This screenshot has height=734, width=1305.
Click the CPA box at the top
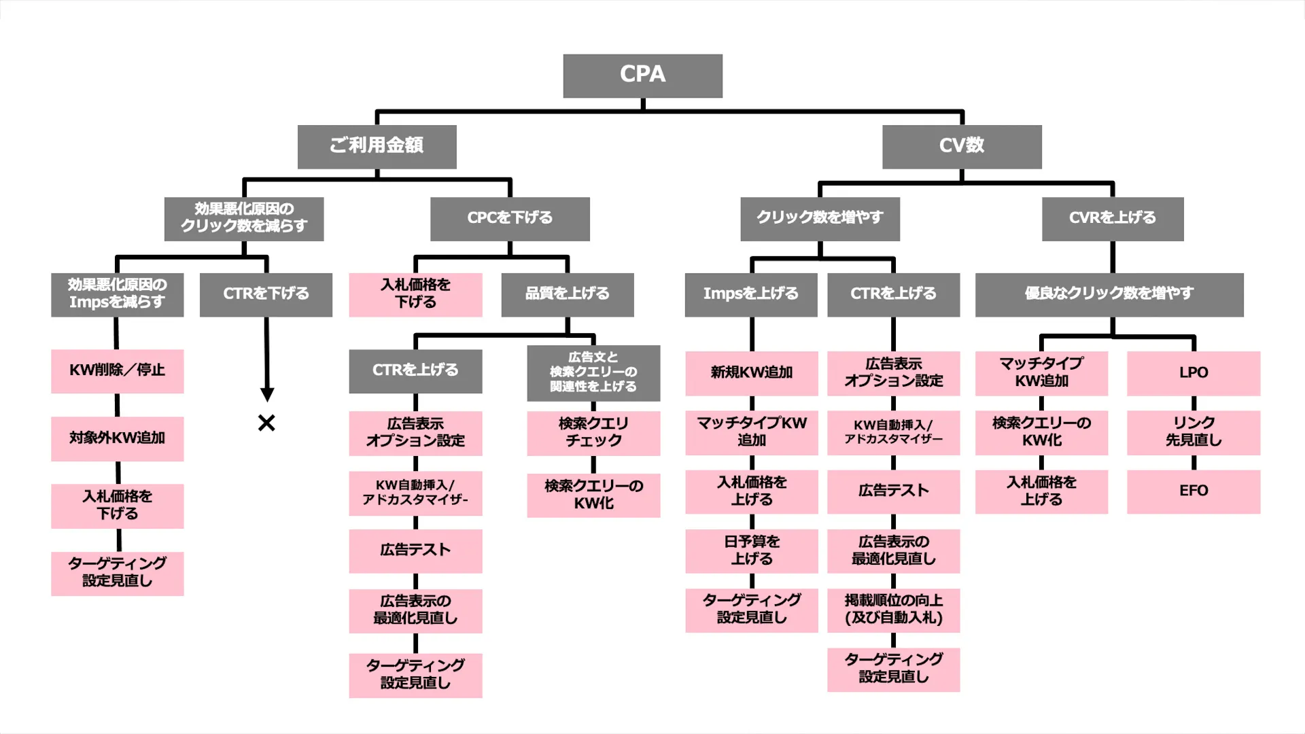[642, 75]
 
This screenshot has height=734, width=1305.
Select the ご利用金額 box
[377, 146]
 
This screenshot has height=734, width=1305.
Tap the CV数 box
[962, 146]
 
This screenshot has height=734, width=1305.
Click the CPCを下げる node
[510, 219]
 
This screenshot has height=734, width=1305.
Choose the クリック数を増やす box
[820, 219]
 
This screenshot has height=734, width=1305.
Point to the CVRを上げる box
[1113, 219]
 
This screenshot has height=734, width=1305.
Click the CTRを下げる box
[266, 294]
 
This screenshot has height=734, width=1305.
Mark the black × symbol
[266, 423]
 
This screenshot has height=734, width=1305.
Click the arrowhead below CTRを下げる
[267, 394]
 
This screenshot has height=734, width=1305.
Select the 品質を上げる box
[568, 294]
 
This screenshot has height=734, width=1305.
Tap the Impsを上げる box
[750, 294]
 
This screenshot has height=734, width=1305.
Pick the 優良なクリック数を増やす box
[1109, 294]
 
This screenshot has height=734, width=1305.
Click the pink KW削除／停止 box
[117, 371]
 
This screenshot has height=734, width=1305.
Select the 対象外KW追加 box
[117, 438]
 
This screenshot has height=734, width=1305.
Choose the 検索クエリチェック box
[593, 433]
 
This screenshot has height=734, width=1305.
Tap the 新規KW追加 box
[751, 373]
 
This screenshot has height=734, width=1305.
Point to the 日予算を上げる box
[751, 550]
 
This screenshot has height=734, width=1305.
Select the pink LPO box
[1194, 373]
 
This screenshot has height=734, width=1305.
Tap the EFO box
[1194, 491]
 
